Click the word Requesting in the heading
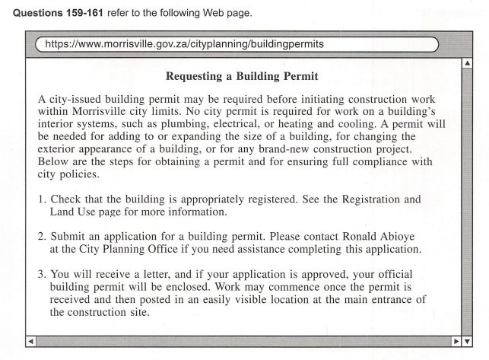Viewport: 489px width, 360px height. click(x=195, y=77)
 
